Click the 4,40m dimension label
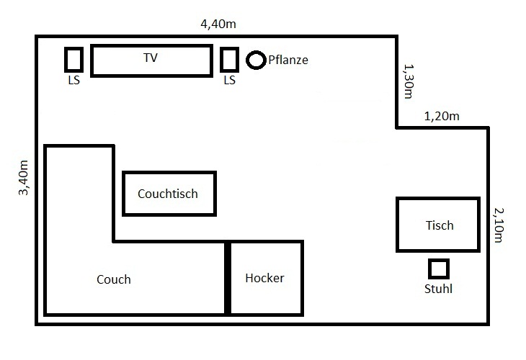point(218,24)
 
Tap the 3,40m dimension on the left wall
point(24,178)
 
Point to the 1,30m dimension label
point(409,81)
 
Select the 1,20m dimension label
point(442,117)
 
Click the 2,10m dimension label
point(499,225)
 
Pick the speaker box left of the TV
point(73,48)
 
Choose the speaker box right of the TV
point(229,48)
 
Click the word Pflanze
point(288,60)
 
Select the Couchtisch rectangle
point(169,173)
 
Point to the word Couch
point(114,279)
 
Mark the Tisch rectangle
point(438,199)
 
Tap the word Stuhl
point(438,289)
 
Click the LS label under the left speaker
point(73,80)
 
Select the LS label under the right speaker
point(229,80)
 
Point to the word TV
point(151,58)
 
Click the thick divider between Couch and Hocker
point(228,278)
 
